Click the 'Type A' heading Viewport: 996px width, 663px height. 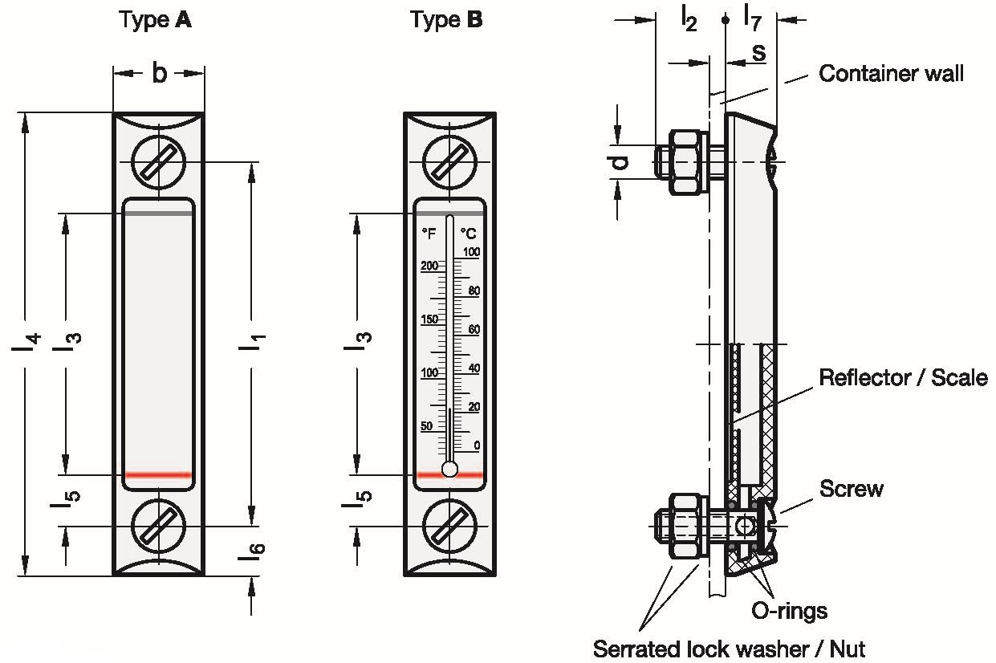(x=155, y=20)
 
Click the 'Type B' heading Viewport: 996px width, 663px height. (x=446, y=20)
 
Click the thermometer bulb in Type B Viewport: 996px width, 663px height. (x=450, y=469)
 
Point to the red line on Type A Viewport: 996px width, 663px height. (x=158, y=475)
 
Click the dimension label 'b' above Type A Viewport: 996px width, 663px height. (x=159, y=74)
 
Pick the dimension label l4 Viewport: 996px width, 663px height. (x=26, y=341)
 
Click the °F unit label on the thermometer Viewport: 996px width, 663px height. (x=429, y=234)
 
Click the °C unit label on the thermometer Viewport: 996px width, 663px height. (x=469, y=234)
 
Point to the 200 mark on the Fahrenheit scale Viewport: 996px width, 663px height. (x=429, y=266)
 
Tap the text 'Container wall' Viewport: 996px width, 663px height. (x=890, y=74)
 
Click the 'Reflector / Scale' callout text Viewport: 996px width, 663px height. (x=902, y=377)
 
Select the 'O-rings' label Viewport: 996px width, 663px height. (x=789, y=611)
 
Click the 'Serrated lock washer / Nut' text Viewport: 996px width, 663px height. (x=729, y=648)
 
